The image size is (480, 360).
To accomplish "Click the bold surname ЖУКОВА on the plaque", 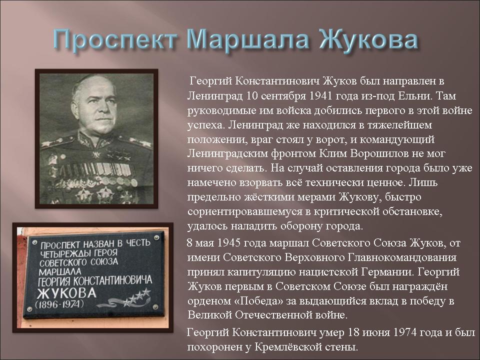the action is pos(66,292).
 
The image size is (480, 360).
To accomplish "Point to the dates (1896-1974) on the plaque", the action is pos(59,304).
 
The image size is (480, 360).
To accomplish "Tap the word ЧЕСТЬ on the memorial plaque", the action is pos(138,243).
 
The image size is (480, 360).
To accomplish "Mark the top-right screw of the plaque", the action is pos(156,237).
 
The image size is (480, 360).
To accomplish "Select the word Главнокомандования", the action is pos(402,257).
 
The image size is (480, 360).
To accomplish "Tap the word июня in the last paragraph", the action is pos(375,332).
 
